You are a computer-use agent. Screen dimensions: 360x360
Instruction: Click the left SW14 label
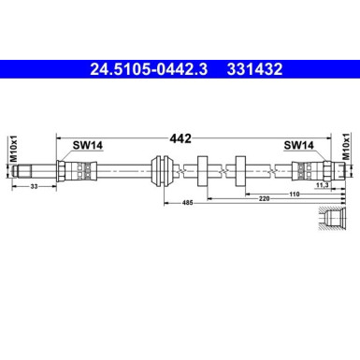click(88, 145)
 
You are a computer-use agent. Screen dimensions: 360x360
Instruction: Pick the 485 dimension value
click(186, 201)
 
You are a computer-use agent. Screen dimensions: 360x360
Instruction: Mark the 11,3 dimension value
click(322, 186)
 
